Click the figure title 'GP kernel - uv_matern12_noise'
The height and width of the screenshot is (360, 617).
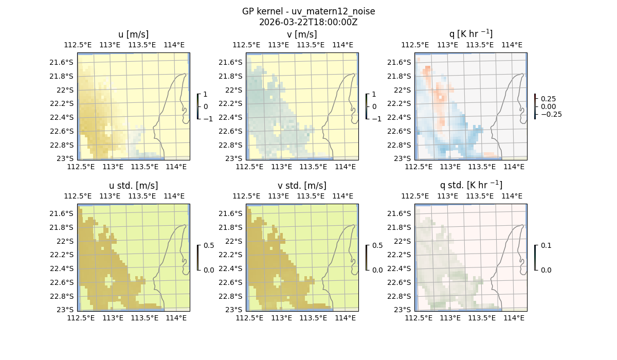pos(308,11)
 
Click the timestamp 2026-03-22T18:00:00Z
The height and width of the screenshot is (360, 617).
pos(308,22)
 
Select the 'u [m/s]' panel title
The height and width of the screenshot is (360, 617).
pos(133,34)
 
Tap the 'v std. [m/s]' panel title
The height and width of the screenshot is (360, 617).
pos(302,186)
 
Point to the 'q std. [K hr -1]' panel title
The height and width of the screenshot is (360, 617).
pos(470,185)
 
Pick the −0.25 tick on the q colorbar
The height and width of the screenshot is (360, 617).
pos(551,114)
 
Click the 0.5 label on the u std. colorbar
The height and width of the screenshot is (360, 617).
pos(209,246)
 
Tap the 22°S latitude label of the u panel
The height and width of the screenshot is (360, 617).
pos(65,90)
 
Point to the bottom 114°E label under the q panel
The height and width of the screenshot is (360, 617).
pos(514,167)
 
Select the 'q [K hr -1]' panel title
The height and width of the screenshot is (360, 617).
pos(470,34)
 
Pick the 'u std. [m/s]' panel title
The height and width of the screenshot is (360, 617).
pos(133,186)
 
